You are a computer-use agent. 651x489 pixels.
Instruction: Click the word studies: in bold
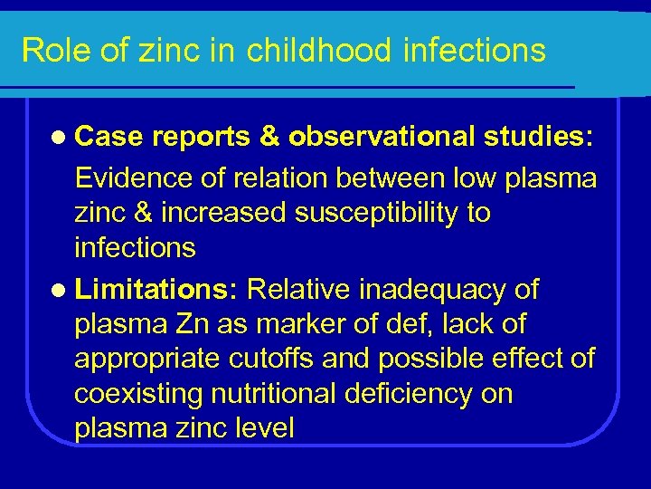pos(538,137)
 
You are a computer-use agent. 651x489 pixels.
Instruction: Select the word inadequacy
pos(429,290)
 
